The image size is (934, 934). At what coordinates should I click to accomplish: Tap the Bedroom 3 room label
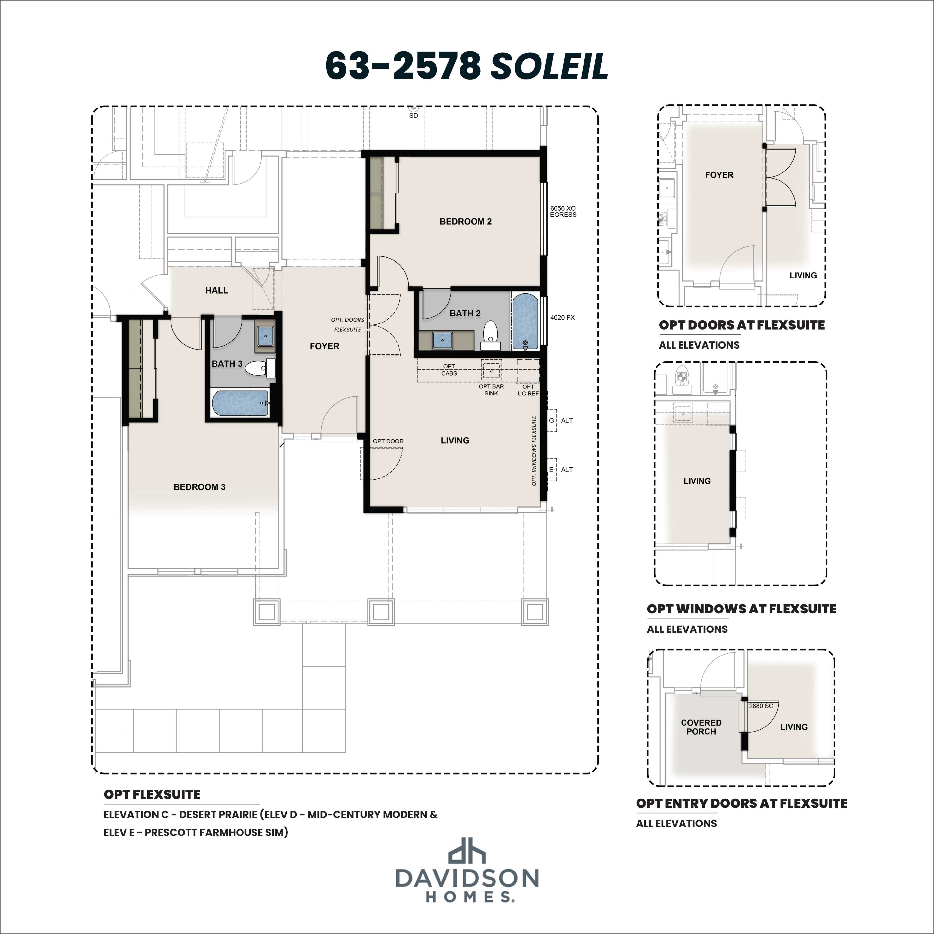tap(199, 487)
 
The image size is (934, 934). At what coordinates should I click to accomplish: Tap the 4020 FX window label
tap(562, 318)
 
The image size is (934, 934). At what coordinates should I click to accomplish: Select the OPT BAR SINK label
tap(491, 390)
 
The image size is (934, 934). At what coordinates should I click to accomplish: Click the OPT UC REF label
tap(528, 390)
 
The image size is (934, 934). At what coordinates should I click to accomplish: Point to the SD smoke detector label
tap(413, 116)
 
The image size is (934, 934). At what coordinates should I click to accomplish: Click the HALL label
tap(216, 290)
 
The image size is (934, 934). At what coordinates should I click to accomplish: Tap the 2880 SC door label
tap(761, 706)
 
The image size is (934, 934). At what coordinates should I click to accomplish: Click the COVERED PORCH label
tap(701, 727)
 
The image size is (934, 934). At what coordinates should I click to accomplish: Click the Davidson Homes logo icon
tap(467, 850)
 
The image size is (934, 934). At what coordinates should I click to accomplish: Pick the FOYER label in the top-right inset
tap(719, 175)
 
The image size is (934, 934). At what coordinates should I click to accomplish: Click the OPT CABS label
tap(449, 370)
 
